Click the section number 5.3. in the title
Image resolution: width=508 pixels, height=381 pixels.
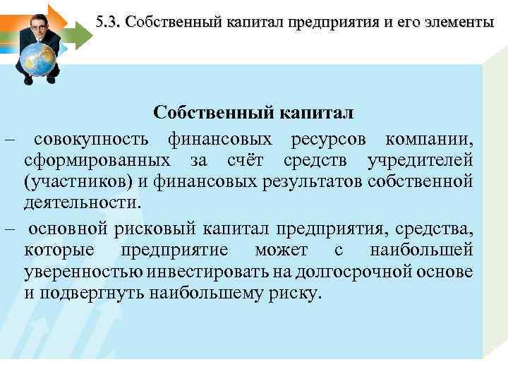pos(109,22)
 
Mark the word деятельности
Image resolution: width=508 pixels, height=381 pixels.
pos(83,204)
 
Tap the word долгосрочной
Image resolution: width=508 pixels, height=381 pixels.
pos(350,272)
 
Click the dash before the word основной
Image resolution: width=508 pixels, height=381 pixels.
pos(9,227)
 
